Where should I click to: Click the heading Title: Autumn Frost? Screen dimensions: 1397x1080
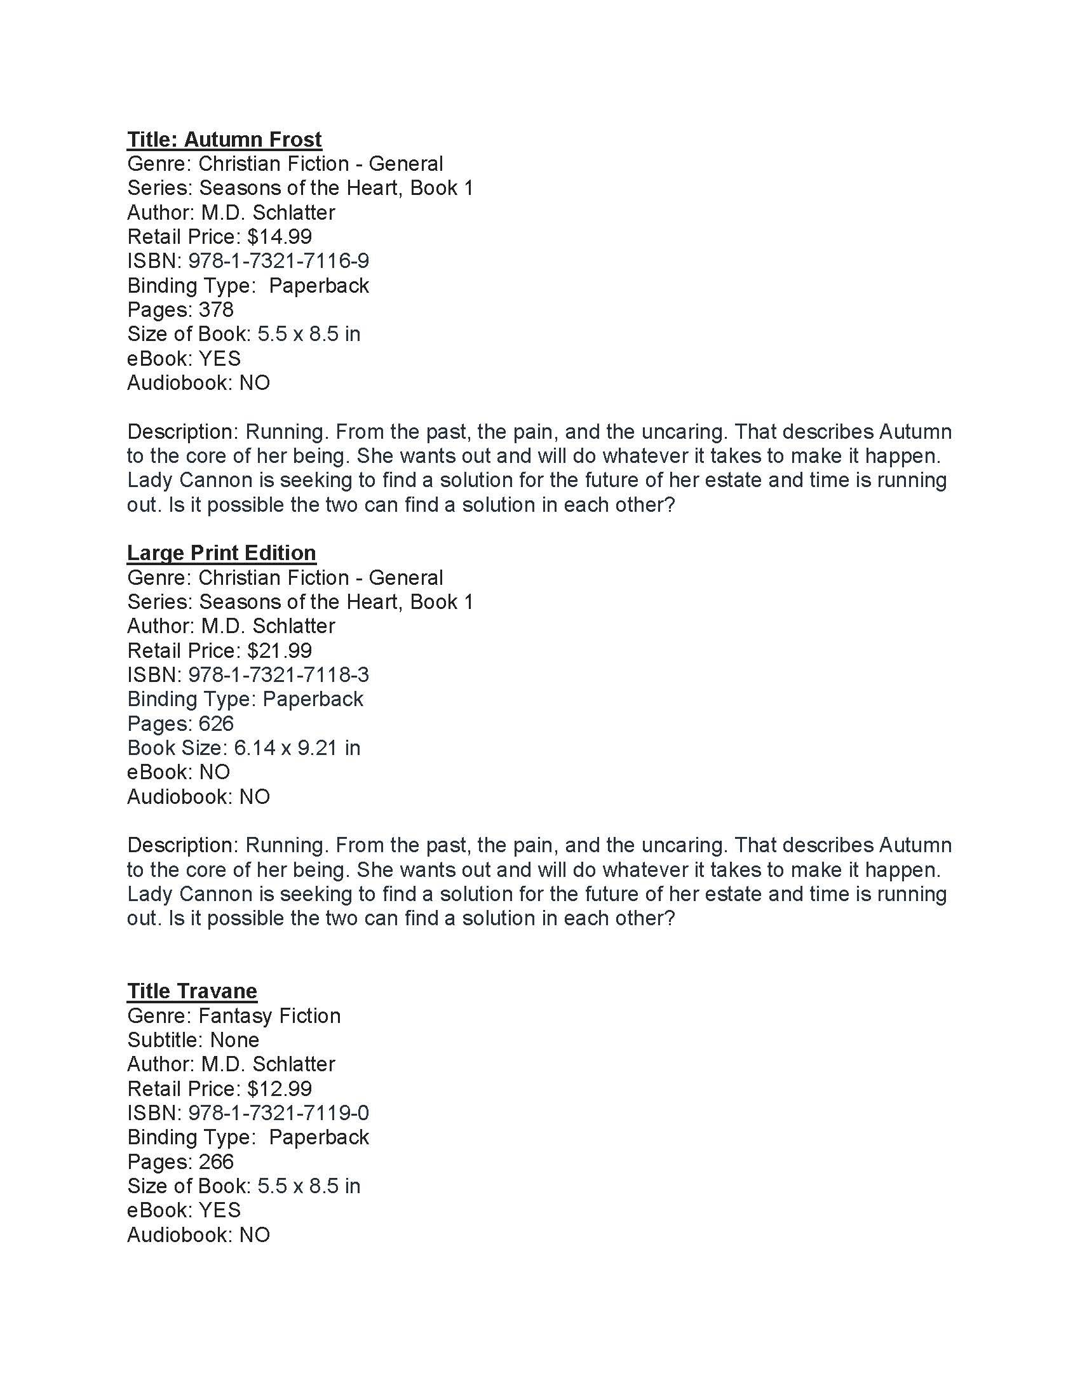tap(224, 140)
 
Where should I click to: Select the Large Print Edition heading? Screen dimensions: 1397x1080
tap(221, 552)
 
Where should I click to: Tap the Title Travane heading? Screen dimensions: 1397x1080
tap(192, 991)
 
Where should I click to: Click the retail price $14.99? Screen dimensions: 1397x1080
tap(280, 237)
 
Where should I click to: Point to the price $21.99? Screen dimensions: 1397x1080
tap(280, 650)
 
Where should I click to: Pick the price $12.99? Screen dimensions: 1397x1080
tap(280, 1088)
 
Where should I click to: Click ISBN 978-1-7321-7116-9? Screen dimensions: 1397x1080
tap(278, 261)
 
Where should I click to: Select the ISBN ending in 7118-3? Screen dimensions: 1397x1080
tap(278, 675)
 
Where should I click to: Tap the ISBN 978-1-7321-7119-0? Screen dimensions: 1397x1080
tap(278, 1113)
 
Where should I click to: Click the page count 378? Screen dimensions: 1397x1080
tap(216, 310)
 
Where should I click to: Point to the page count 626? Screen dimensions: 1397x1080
tap(216, 723)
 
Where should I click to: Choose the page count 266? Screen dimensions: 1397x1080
tap(216, 1161)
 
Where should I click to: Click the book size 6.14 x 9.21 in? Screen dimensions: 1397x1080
tap(297, 748)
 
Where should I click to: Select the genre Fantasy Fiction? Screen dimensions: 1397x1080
tap(269, 1016)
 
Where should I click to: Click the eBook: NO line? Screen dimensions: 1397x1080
tap(179, 772)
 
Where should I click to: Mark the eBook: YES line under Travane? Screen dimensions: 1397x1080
tap(184, 1210)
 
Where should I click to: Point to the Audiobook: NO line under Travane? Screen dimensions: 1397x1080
tap(198, 1234)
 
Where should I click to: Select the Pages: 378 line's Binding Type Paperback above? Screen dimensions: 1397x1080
tap(319, 285)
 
